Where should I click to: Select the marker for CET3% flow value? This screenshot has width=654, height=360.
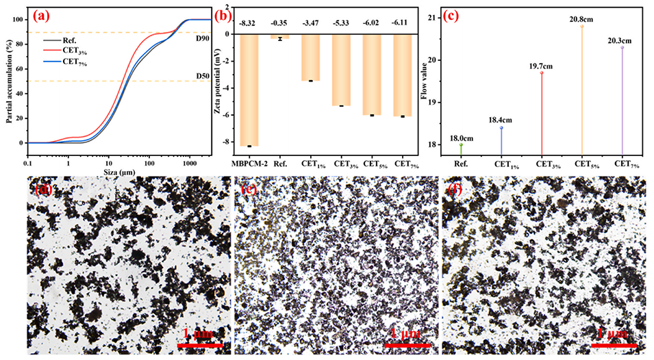[542, 73]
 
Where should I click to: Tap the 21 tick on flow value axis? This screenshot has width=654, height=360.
[433, 17]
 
